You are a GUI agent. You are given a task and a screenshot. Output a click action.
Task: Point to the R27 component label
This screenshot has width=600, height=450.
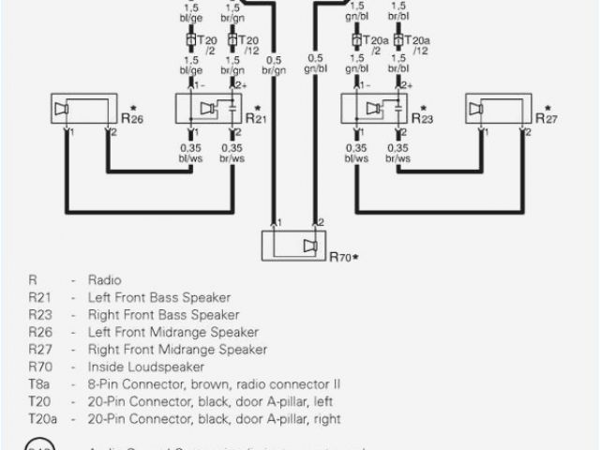pyautogui.click(x=547, y=117)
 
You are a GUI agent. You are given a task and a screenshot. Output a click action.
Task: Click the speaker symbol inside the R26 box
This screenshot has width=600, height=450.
pyautogui.click(x=62, y=111)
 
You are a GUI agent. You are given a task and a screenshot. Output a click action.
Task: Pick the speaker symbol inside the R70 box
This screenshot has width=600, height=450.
pyautogui.click(x=310, y=246)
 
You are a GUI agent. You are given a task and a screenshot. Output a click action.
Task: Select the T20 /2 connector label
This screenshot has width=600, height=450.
pyautogui.click(x=208, y=46)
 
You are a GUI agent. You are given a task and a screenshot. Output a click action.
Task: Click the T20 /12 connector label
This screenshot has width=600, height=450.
pyautogui.click(x=249, y=46)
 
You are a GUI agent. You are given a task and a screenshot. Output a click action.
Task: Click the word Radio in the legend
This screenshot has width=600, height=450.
pyautogui.click(x=104, y=279)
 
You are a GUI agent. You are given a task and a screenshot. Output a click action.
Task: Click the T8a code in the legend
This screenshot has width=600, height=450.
pyautogui.click(x=38, y=384)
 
